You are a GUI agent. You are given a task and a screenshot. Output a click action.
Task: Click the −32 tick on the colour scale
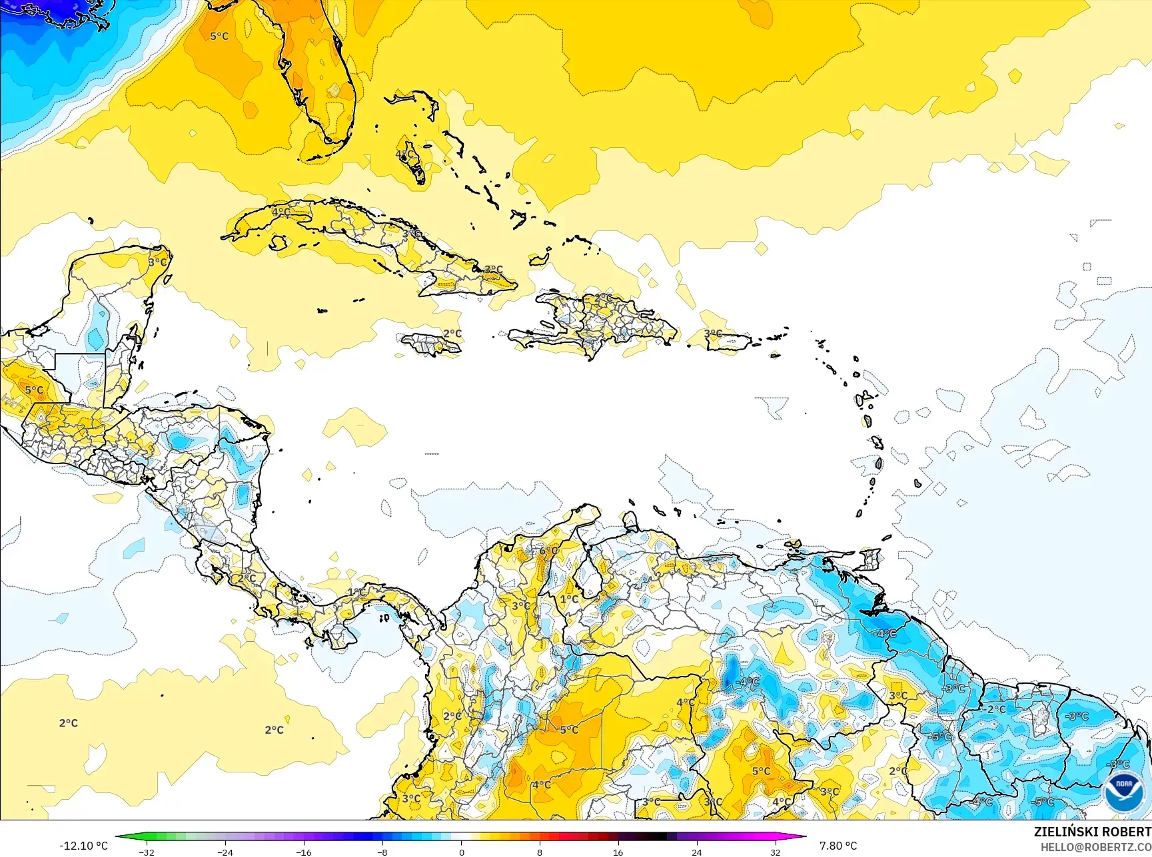point(147,852)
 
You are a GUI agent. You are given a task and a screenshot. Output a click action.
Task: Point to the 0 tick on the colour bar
point(461,852)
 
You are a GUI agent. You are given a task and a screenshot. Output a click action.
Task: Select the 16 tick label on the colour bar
point(618,852)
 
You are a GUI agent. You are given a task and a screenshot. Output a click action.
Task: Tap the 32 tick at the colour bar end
point(775,852)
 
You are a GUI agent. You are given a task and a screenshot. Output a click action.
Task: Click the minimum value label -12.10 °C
point(83,846)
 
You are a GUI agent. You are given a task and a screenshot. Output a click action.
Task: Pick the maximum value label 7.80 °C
point(838,846)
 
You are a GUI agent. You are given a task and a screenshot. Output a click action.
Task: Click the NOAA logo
point(1123,790)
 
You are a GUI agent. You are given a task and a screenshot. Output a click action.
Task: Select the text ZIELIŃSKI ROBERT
point(1092,832)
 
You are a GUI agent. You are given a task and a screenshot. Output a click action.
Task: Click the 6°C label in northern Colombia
point(548,551)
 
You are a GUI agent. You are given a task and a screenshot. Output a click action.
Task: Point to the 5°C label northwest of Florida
point(219,36)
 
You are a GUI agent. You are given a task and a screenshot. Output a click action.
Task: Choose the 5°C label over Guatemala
point(34,390)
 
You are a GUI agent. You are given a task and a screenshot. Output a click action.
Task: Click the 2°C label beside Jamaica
point(452,334)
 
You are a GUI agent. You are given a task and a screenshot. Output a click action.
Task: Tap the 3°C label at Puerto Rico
point(713,334)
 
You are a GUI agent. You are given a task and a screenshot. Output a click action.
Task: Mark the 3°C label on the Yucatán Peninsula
point(158,262)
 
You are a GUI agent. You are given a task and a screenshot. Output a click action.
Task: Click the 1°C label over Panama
point(357,592)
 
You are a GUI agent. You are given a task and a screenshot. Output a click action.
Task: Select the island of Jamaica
point(431,344)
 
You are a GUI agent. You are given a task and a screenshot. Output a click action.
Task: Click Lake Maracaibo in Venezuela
point(588,578)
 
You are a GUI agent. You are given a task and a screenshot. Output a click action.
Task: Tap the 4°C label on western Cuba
point(281,212)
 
